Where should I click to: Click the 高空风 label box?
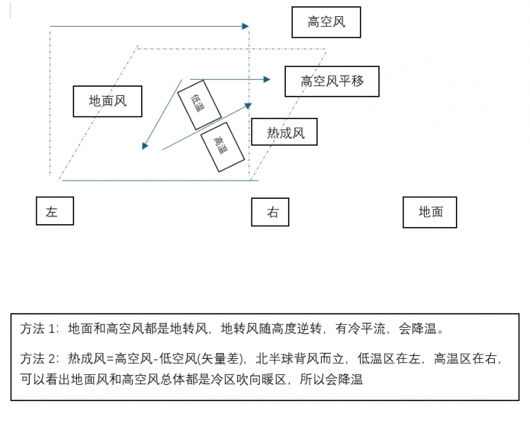pyautogui.click(x=326, y=23)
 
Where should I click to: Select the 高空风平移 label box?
pyautogui.click(x=332, y=81)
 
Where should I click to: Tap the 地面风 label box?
pyautogui.click(x=107, y=102)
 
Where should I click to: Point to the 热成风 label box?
pyautogui.click(x=284, y=133)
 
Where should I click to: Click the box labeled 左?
pyautogui.click(x=54, y=211)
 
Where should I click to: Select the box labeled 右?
pyautogui.click(x=270, y=212)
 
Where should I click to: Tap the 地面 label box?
pyautogui.click(x=430, y=211)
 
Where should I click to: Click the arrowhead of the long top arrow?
pyautogui.click(x=246, y=27)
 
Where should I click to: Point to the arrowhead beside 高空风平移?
pyautogui.click(x=267, y=80)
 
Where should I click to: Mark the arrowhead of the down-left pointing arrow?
pyautogui.click(x=145, y=146)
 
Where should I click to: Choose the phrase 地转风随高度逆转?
pyautogui.click(x=272, y=329)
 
